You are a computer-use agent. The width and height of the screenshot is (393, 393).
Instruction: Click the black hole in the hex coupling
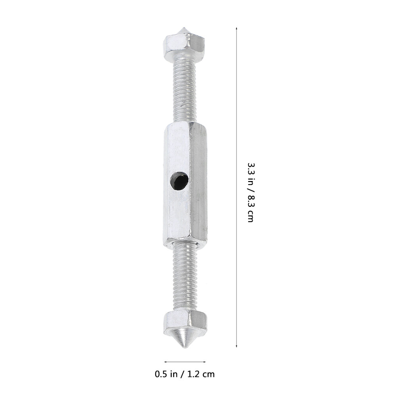tap(179, 181)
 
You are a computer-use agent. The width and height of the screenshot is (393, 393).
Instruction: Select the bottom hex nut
tap(185, 322)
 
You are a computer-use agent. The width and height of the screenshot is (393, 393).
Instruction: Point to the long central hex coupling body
tap(186, 183)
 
